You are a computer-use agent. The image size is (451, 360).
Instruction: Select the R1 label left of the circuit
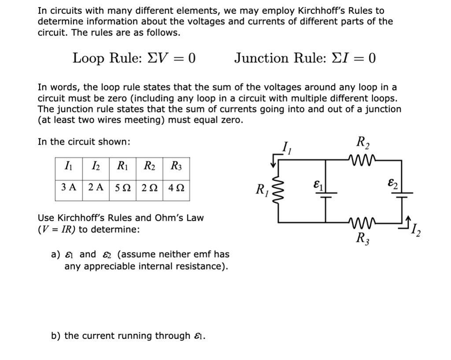(x=262, y=191)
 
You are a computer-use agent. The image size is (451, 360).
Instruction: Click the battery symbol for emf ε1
(x=326, y=194)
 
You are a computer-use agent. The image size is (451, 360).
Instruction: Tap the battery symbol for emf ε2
(x=402, y=194)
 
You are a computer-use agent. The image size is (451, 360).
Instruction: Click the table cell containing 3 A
(x=69, y=187)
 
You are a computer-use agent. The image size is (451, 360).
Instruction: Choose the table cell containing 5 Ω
(x=122, y=187)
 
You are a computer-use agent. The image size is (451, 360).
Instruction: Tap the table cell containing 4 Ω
(x=176, y=187)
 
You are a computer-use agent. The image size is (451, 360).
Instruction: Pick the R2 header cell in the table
(x=149, y=166)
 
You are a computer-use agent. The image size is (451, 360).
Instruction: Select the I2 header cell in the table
(x=96, y=166)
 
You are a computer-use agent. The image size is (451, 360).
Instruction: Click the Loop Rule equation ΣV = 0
(x=134, y=58)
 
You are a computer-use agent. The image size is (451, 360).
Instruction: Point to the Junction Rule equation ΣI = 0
(x=305, y=58)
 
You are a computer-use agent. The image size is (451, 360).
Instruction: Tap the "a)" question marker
(x=55, y=254)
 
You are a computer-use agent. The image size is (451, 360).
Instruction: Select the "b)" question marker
(x=56, y=336)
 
